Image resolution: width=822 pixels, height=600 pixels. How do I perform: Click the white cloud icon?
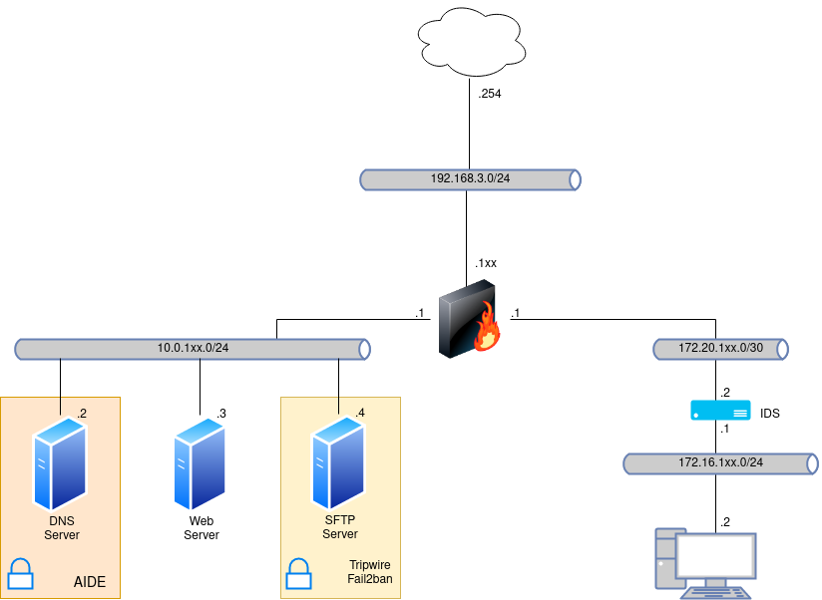click(x=472, y=42)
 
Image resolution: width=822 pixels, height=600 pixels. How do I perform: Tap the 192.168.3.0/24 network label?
click(x=470, y=179)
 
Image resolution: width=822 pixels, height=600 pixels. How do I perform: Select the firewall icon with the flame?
click(x=469, y=319)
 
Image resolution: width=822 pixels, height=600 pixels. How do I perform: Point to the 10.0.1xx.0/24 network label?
click(x=193, y=349)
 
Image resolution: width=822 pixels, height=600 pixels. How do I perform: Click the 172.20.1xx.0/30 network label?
click(x=720, y=349)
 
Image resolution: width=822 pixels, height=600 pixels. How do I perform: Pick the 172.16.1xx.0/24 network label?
click(x=720, y=462)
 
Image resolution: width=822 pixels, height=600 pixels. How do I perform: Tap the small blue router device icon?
click(x=720, y=410)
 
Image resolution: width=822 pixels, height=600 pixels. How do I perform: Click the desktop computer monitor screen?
click(x=715, y=556)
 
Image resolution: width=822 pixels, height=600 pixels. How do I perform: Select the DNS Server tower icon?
click(x=60, y=464)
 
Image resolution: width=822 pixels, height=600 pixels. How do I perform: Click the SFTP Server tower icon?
click(x=339, y=464)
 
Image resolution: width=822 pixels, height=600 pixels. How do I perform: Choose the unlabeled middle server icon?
click(x=200, y=464)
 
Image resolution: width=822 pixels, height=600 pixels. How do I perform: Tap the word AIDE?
click(x=90, y=582)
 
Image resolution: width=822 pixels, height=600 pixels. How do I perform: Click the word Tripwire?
click(x=369, y=565)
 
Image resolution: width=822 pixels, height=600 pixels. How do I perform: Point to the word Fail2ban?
click(x=368, y=579)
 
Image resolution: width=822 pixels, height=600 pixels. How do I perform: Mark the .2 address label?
click(x=82, y=413)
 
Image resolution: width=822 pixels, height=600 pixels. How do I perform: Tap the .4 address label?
click(x=360, y=413)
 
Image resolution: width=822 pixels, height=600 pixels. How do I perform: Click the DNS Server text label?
click(x=61, y=527)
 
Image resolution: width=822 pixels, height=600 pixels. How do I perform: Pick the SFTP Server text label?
click(x=339, y=527)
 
